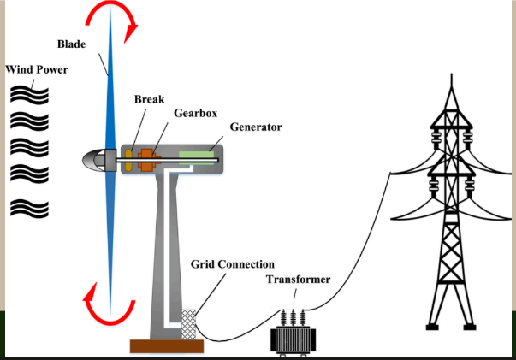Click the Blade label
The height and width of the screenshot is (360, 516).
point(71,44)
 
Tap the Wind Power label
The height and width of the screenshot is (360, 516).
point(35,69)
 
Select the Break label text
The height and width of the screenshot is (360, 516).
point(149,99)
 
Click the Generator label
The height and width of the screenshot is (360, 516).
point(256,127)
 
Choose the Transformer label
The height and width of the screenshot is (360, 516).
point(298,280)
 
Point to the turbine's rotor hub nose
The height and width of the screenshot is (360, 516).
point(93,159)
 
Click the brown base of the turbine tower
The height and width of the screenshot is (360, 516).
point(166,346)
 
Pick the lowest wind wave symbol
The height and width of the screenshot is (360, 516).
point(31,206)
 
